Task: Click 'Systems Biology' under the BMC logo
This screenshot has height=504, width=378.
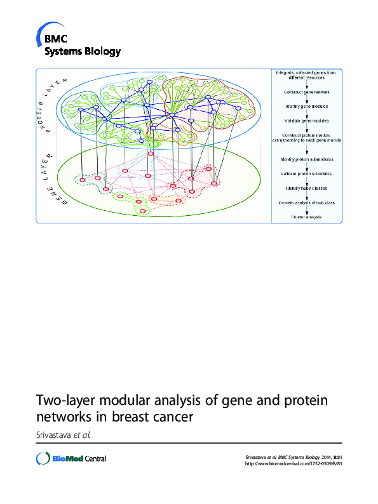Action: coord(82,51)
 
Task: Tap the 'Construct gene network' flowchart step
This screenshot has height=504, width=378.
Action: coord(306,92)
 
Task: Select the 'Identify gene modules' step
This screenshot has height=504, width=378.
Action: coord(306,106)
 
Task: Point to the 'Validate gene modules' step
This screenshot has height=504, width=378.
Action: coord(306,120)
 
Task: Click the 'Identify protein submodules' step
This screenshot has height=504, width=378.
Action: coord(307,159)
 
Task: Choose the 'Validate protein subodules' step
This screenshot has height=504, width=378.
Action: coord(306,173)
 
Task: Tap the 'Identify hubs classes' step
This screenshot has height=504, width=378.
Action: coord(306,188)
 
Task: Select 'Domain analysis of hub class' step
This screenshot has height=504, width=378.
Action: coord(307,202)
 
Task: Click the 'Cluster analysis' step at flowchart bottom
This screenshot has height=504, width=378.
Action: coord(306,217)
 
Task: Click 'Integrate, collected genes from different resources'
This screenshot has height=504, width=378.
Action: coord(306,76)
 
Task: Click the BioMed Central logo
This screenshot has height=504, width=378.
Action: coord(71,458)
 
